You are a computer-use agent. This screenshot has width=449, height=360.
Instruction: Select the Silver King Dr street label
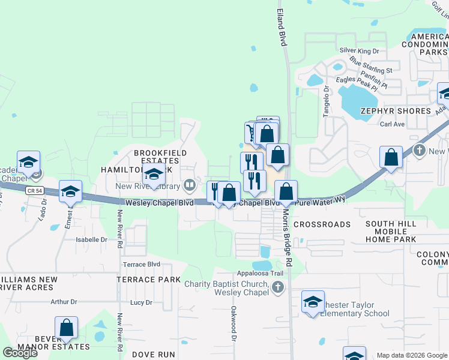pyautogui.click(x=360, y=52)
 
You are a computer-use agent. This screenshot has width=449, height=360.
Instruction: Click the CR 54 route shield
pyautogui.click(x=35, y=190)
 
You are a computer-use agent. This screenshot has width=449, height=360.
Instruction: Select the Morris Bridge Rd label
pyautogui.click(x=286, y=239)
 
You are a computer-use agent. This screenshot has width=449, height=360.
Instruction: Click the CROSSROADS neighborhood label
pyautogui.click(x=322, y=224)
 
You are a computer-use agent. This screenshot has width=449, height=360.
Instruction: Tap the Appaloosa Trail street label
pyautogui.click(x=260, y=273)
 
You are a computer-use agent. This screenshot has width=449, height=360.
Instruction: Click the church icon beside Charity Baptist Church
pyautogui.click(x=277, y=288)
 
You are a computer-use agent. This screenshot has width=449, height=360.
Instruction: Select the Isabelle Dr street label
pyautogui.click(x=91, y=239)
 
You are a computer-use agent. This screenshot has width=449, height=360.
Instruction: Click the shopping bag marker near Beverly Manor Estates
pyautogui.click(x=66, y=328)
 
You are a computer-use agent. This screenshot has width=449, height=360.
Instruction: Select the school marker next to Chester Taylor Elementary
pyautogui.click(x=313, y=304)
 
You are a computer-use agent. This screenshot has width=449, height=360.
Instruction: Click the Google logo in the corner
pyautogui.click(x=20, y=353)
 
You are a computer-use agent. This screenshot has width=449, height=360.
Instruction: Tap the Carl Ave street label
pyautogui.click(x=393, y=124)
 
